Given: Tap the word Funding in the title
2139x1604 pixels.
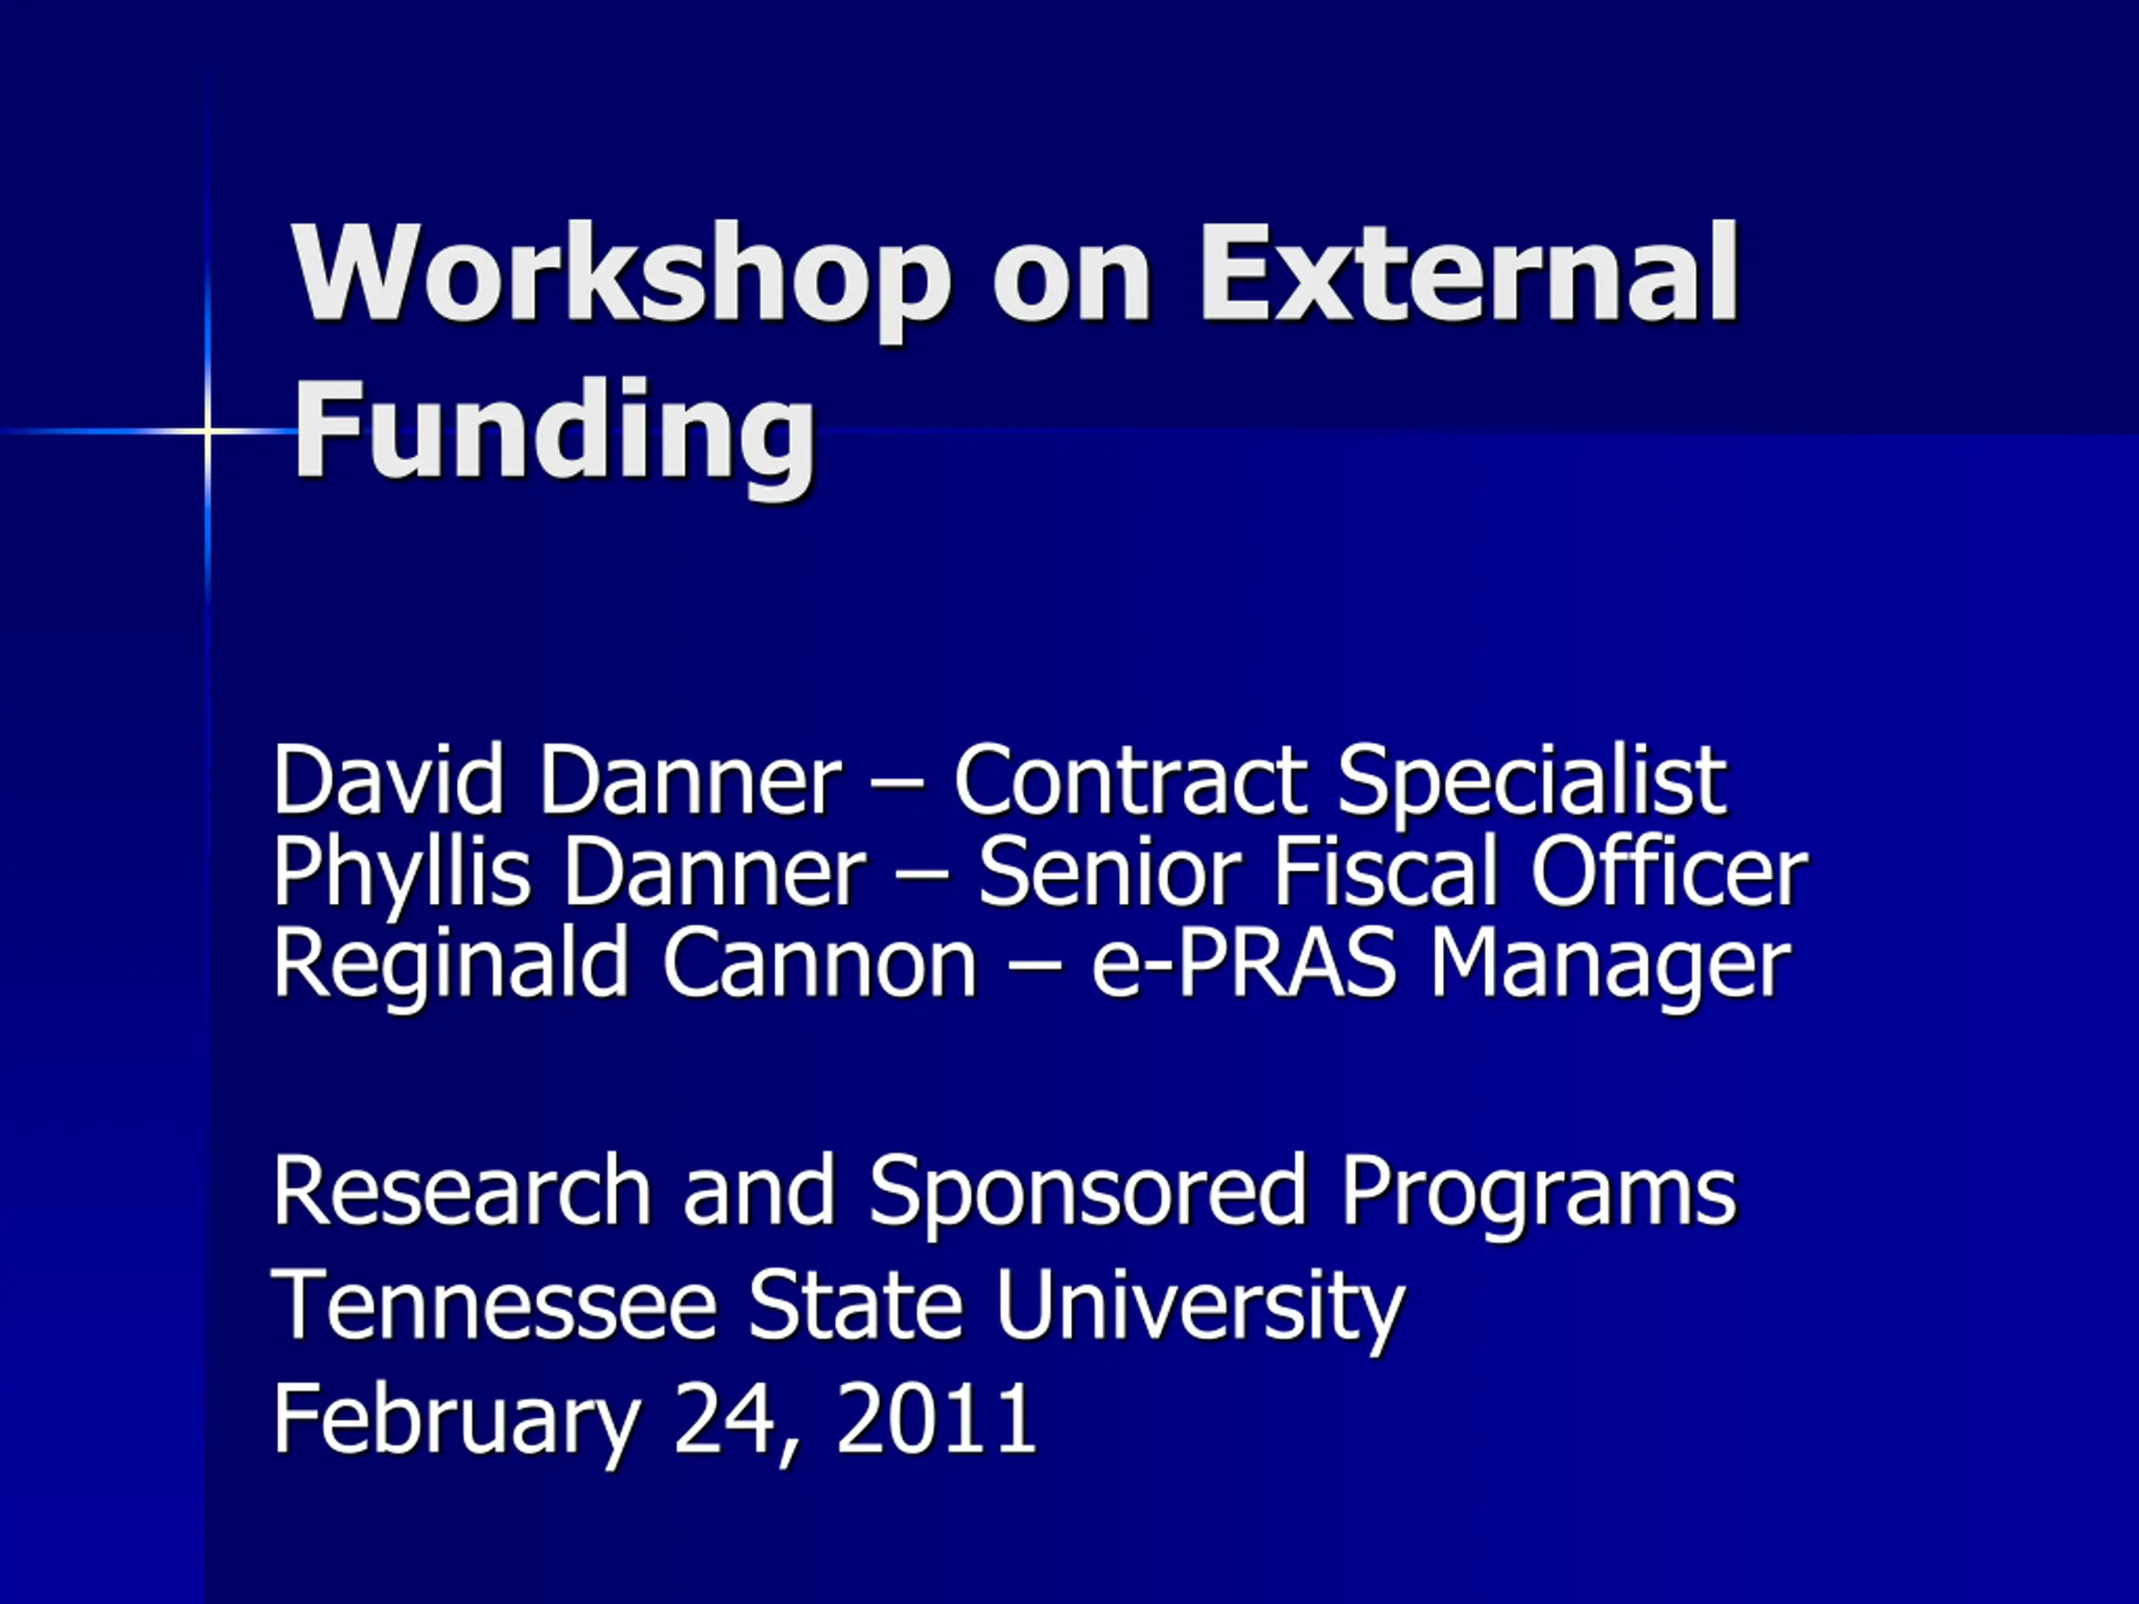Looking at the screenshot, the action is tap(555, 434).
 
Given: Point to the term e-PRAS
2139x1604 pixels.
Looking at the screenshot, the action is tap(1243, 964).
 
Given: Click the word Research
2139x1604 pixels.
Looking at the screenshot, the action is tap(462, 1192).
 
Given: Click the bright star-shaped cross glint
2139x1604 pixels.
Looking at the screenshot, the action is tap(208, 431).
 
